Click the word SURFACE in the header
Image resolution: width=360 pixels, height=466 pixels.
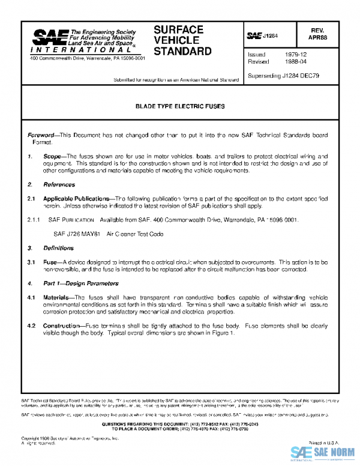click(x=178, y=29)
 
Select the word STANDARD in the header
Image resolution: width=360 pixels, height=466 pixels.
click(x=182, y=52)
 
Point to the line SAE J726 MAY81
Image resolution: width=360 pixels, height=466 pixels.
click(x=78, y=234)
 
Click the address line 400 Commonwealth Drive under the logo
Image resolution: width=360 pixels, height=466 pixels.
click(x=87, y=58)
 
